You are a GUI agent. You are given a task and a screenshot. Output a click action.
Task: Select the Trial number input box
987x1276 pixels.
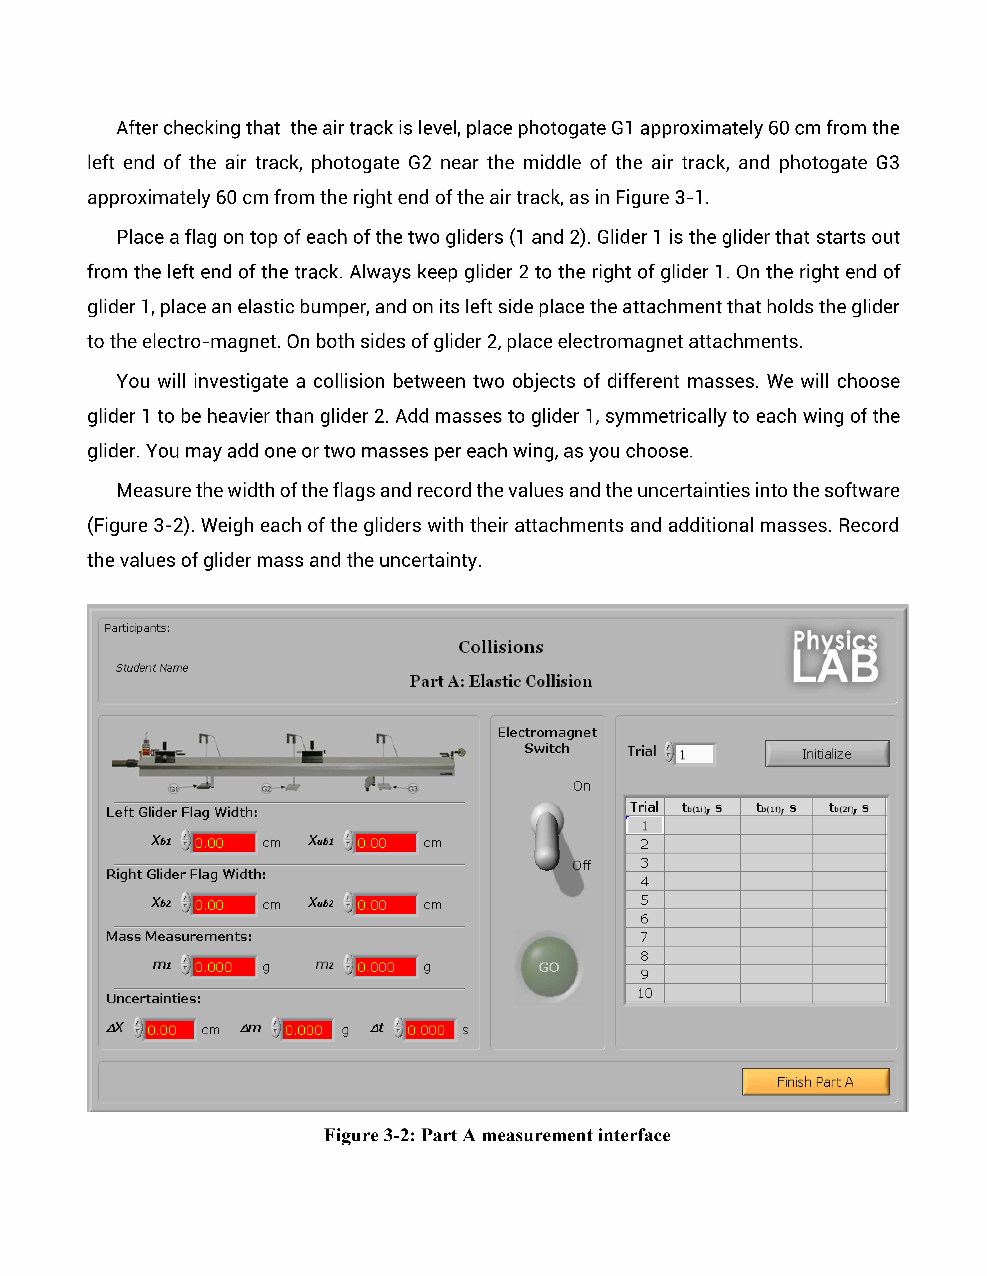[x=695, y=754]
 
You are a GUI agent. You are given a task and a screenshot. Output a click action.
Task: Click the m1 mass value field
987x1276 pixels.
[x=223, y=967]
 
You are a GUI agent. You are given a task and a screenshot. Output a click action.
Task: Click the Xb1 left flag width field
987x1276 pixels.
[x=223, y=843]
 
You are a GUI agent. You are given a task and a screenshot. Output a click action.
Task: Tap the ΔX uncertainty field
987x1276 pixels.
[x=169, y=1030]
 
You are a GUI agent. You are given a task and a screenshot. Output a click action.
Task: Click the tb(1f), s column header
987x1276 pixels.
[x=776, y=807]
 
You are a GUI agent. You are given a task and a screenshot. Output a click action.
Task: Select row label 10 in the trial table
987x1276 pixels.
[x=644, y=993]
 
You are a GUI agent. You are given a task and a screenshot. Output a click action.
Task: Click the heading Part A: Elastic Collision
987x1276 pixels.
[x=501, y=681]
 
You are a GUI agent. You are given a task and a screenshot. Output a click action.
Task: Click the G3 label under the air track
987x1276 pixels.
[x=413, y=789]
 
